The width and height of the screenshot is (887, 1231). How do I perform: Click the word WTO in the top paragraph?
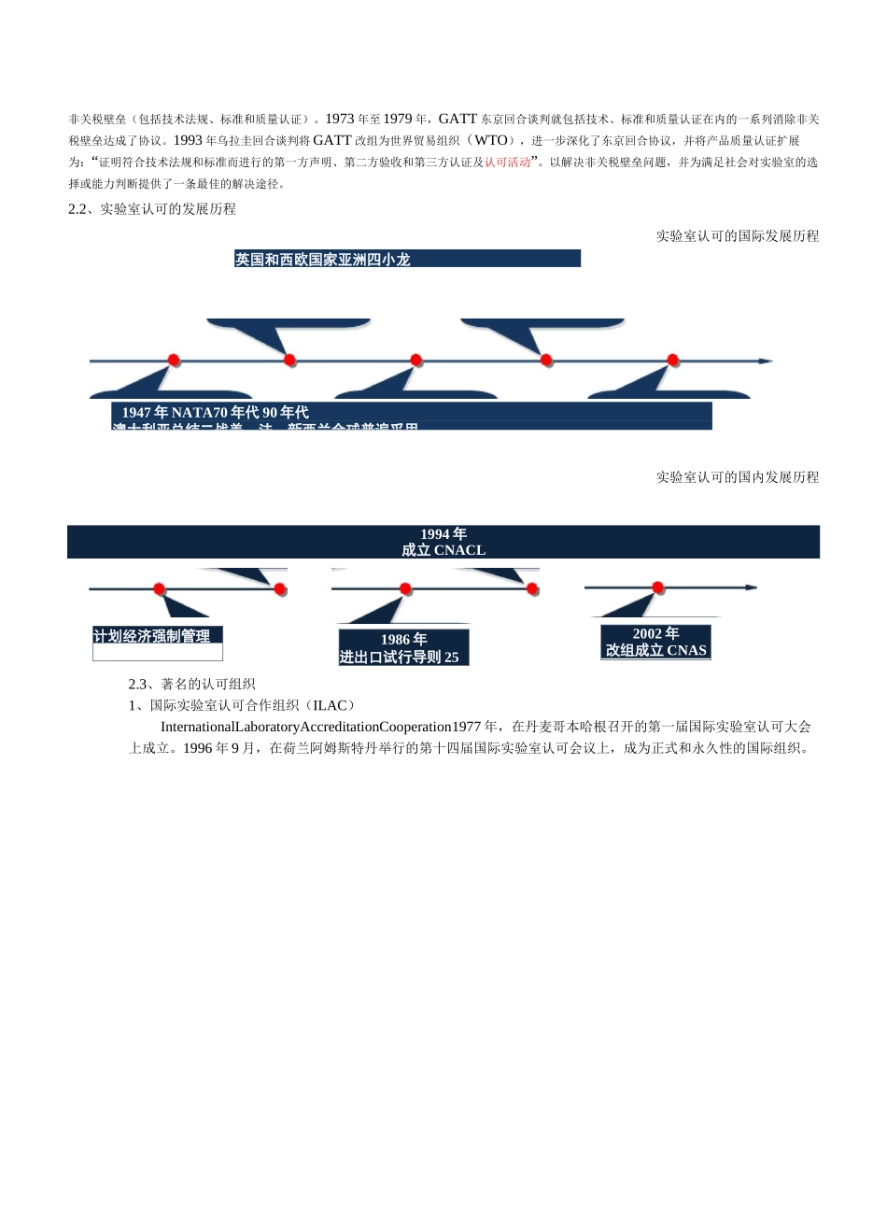coord(491,140)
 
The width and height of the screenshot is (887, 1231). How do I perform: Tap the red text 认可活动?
coord(507,162)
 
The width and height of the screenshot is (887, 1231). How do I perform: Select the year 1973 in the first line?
coord(340,119)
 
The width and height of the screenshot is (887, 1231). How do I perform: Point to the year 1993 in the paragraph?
coord(188,140)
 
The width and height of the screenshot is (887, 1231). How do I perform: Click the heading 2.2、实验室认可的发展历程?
coord(152,208)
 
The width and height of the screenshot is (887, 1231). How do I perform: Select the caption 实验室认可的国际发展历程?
coord(737,235)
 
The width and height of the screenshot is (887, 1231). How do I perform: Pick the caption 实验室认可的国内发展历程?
coord(737,476)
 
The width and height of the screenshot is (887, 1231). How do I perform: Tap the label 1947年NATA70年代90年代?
coord(216,412)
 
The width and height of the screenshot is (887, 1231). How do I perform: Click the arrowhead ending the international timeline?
coord(766,361)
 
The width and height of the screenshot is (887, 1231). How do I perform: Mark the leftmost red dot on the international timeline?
coord(174,360)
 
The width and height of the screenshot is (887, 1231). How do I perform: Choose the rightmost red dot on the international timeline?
coord(673,360)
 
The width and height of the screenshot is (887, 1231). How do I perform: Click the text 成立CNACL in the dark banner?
coord(443,550)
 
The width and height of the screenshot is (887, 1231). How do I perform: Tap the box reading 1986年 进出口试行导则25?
coord(403,647)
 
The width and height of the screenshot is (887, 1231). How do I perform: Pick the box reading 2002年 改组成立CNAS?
coord(655,642)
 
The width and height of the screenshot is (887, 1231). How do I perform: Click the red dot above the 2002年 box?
coord(658,587)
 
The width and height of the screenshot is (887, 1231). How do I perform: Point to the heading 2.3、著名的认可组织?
coord(191,684)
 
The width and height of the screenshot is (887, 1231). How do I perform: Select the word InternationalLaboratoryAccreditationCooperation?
coord(305,727)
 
